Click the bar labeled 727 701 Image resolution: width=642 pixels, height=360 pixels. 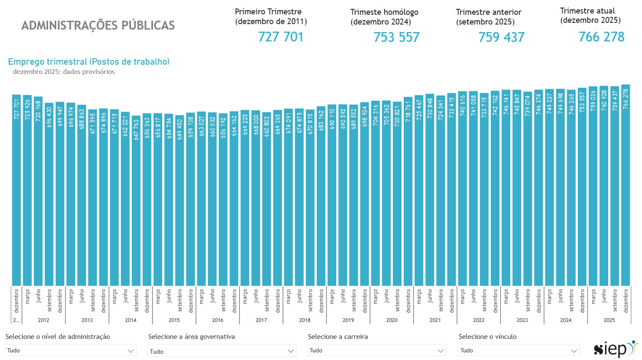click(16, 190)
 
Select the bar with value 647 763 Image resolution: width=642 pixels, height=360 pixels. click(136, 201)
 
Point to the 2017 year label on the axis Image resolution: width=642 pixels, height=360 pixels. click(261, 320)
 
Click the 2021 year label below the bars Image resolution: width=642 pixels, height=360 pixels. click(435, 320)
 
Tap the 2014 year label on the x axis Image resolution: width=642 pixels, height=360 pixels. click(131, 320)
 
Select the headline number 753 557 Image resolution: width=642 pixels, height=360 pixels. click(396, 37)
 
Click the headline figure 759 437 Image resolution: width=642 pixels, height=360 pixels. click(501, 37)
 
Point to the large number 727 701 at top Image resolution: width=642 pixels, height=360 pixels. click(281, 37)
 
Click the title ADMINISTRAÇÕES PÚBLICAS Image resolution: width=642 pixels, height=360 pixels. click(98, 25)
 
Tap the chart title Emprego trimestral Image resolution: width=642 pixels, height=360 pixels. click(89, 62)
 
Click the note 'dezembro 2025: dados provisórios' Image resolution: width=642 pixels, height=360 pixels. click(64, 72)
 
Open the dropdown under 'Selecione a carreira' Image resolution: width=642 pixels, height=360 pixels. click(376, 350)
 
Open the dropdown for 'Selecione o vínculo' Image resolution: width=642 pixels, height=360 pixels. click(518, 350)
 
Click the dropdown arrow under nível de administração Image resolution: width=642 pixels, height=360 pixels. click(131, 351)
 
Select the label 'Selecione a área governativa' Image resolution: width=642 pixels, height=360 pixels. click(191, 337)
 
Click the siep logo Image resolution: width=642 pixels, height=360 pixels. click(615, 349)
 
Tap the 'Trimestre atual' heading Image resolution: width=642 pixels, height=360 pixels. click(587, 11)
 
